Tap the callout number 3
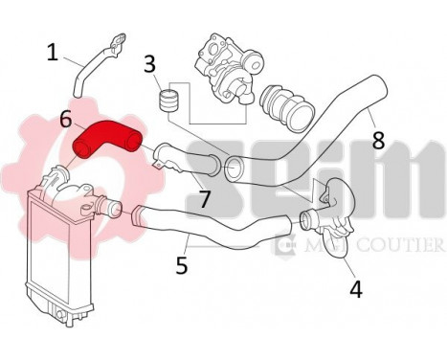pyautogui.click(x=149, y=64)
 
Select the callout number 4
pyautogui.click(x=356, y=286)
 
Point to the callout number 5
pyautogui.click(x=182, y=264)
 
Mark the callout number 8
pyautogui.click(x=378, y=140)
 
